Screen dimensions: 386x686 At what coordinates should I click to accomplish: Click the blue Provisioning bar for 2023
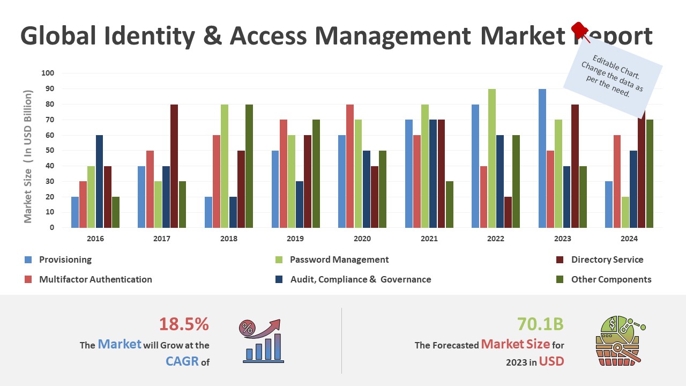(543, 158)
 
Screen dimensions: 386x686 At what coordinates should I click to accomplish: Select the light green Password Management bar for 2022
(492, 158)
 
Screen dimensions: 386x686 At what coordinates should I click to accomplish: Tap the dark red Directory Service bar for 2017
(174, 166)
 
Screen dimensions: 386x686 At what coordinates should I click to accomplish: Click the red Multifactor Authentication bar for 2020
(350, 166)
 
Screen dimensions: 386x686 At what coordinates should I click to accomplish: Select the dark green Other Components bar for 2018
(249, 166)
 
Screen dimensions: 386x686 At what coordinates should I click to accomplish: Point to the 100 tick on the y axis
(48, 73)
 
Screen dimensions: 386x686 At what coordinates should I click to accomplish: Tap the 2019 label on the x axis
(295, 239)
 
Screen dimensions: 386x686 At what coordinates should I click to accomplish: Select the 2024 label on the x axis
(629, 239)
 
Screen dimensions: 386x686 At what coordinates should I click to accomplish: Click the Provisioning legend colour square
(28, 260)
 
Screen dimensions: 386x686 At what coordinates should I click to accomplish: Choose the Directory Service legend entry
(607, 260)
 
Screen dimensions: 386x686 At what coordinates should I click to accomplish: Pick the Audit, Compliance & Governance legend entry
(360, 279)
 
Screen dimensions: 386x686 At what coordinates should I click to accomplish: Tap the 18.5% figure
(184, 324)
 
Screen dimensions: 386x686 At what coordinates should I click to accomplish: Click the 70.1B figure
(540, 324)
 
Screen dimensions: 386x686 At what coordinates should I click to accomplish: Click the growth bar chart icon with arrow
(263, 341)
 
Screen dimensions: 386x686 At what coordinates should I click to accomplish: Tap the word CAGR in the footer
(182, 361)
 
